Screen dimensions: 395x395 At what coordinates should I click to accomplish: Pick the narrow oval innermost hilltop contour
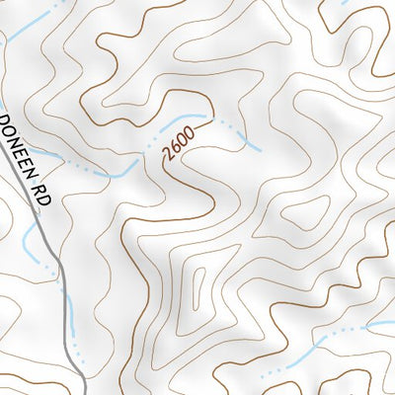(198, 287)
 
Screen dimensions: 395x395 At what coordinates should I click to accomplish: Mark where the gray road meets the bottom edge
(79, 393)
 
